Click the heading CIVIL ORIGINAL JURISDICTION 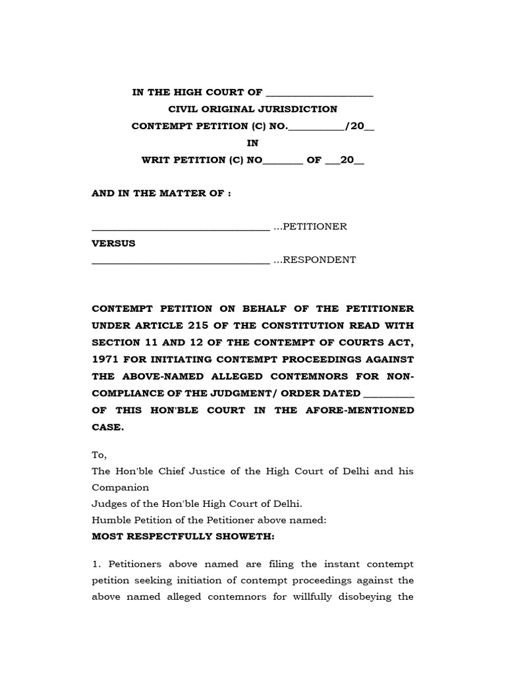pos(253,109)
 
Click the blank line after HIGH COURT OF pos(318,93)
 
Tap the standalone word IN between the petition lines pos(253,142)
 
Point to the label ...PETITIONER pos(310,227)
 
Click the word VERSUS pos(113,243)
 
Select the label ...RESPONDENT pos(314,260)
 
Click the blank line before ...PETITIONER pos(181,228)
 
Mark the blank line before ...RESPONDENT pos(181,261)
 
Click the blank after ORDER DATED pos(389,394)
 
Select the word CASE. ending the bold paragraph pos(107,426)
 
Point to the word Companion pos(121,488)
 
